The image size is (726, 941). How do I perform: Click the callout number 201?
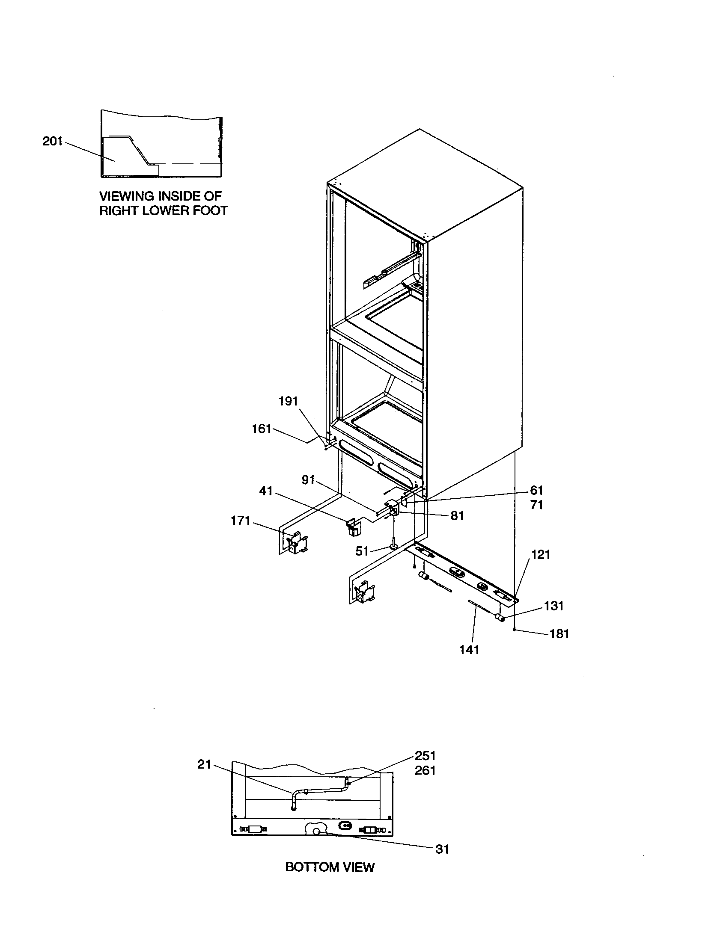coord(52,141)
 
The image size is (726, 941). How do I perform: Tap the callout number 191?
coord(288,401)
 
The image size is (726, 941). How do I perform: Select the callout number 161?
coord(261,429)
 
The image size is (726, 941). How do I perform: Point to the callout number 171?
coord(241,521)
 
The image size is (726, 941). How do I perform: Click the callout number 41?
coord(265,491)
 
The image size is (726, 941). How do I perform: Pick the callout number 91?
coord(308,480)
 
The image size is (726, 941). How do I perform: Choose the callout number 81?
coord(457,516)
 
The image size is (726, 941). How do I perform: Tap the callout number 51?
coord(362,551)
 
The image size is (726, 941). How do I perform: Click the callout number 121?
coord(541,554)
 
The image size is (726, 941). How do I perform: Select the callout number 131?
coord(554,606)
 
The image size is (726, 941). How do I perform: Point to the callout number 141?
coord(469,649)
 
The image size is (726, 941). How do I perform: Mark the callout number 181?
coord(559,634)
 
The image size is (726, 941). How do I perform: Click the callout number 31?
coord(442,849)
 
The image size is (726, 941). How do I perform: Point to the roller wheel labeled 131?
coord(500,618)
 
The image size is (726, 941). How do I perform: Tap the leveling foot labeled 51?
coord(394,545)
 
